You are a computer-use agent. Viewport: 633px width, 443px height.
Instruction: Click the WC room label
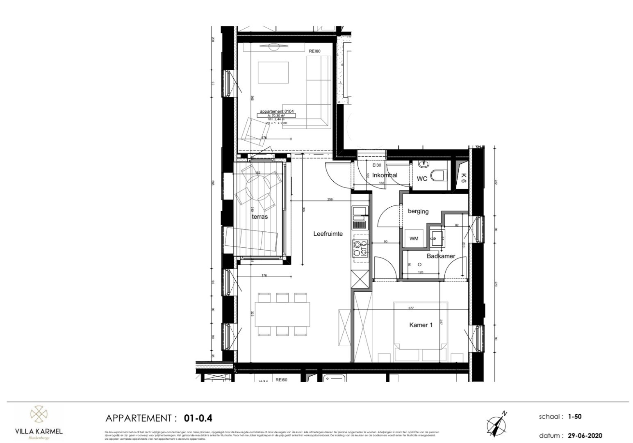point(422,179)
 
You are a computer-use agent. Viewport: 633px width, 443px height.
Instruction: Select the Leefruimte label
point(328,234)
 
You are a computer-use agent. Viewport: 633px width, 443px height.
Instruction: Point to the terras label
point(260,216)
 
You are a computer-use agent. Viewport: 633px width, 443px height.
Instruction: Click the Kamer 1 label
point(421,325)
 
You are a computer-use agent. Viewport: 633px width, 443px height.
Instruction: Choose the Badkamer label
point(441,256)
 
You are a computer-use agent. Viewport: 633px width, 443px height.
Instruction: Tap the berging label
point(418,211)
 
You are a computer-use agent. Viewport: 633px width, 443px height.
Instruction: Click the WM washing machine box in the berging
point(414,238)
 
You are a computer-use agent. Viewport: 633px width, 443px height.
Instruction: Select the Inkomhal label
point(385,175)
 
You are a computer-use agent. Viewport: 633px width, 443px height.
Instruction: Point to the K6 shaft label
point(463,177)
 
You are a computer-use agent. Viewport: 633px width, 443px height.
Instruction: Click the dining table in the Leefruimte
point(282,313)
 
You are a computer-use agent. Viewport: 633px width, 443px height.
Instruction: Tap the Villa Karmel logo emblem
point(39,414)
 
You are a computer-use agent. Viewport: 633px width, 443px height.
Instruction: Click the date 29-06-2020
point(585,436)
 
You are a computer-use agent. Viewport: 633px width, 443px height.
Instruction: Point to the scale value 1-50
point(575,416)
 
